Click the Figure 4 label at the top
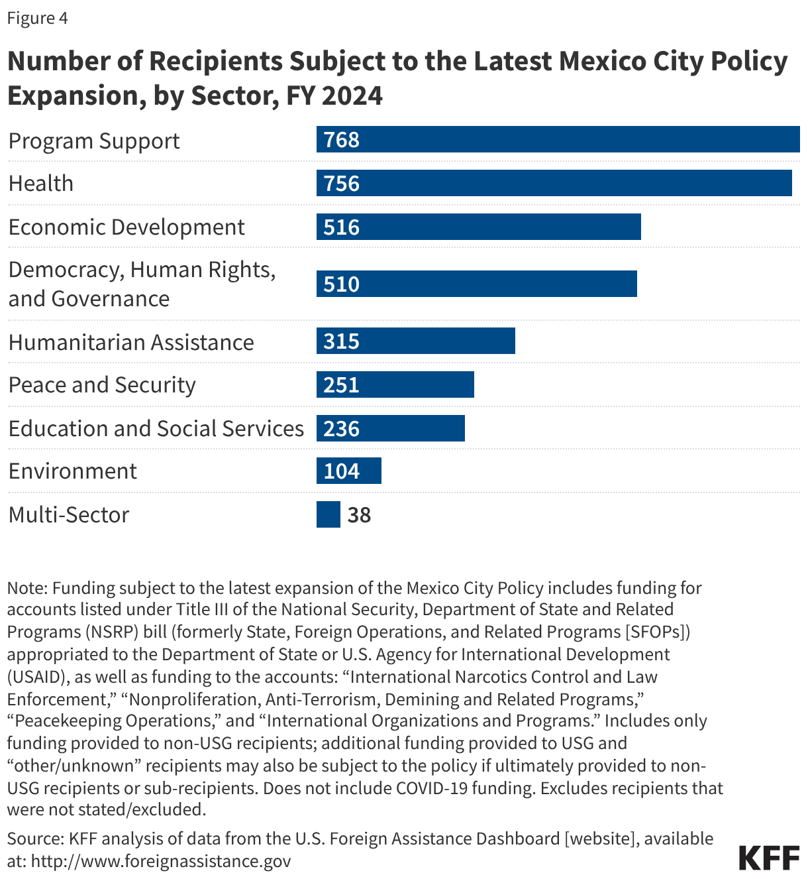37,18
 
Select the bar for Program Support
558,140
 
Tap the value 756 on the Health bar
342,184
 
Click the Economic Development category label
126,227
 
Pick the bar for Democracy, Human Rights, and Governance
477,284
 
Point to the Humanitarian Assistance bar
415,341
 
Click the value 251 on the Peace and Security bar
342,385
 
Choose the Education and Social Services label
156,429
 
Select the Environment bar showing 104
349,471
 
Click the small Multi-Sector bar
328,514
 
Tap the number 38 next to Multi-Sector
359,515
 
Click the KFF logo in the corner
769,858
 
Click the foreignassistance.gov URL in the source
161,861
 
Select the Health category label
41,184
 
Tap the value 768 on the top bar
342,140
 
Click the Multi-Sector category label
69,515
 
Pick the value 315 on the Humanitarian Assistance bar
342,341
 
